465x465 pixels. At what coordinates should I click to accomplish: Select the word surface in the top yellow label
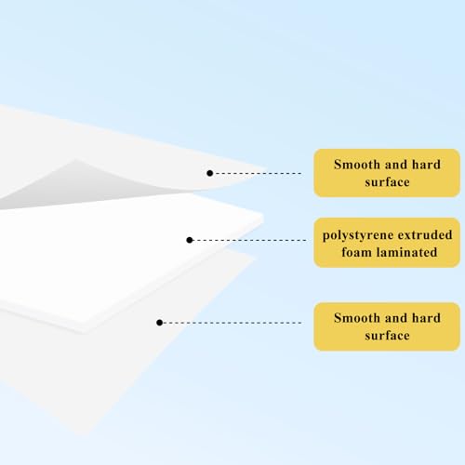pyautogui.click(x=387, y=182)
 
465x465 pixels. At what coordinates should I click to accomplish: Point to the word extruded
pyautogui.click(x=425, y=234)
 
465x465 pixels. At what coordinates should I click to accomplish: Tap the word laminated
pyautogui.click(x=406, y=252)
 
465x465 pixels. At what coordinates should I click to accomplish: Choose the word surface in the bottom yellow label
pyautogui.click(x=387, y=336)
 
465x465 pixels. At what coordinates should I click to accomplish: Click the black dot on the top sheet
pyautogui.click(x=210, y=173)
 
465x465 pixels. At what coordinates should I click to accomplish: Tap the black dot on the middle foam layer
pyautogui.click(x=190, y=240)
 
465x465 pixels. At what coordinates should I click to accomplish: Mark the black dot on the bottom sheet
pyautogui.click(x=160, y=323)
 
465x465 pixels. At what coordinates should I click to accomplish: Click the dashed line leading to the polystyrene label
pyautogui.click(x=249, y=240)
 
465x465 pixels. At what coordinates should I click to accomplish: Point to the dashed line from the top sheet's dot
pyautogui.click(x=258, y=173)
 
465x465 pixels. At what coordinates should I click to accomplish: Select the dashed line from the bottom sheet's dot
pyautogui.click(x=232, y=323)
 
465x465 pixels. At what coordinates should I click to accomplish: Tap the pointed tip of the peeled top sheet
pyautogui.click(x=266, y=170)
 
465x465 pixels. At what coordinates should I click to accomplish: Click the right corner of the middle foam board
pyautogui.click(x=263, y=217)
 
